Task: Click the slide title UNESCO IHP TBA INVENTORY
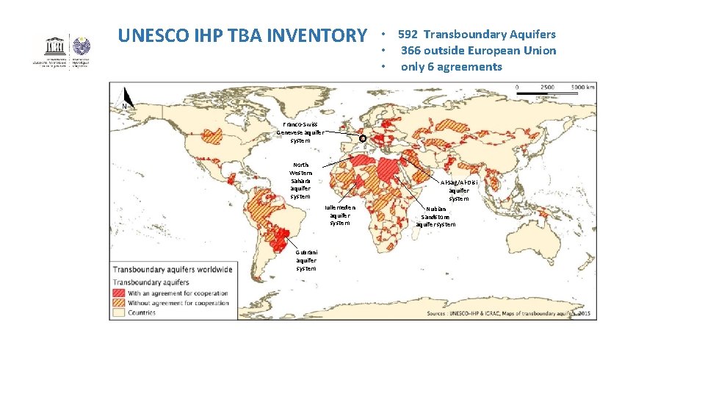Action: click(242, 35)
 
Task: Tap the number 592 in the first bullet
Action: click(408, 35)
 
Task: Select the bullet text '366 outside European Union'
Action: click(478, 51)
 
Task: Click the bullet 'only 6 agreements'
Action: click(451, 67)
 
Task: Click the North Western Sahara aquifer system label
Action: click(300, 181)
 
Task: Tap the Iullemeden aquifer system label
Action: click(339, 215)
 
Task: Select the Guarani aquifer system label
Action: click(306, 260)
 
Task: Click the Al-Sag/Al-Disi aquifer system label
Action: click(458, 190)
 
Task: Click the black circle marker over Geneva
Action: click(362, 138)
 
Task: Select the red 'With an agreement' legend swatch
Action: click(119, 293)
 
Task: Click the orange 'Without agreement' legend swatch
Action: click(119, 303)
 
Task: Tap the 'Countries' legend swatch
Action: click(119, 312)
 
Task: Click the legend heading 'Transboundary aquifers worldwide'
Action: click(172, 270)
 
